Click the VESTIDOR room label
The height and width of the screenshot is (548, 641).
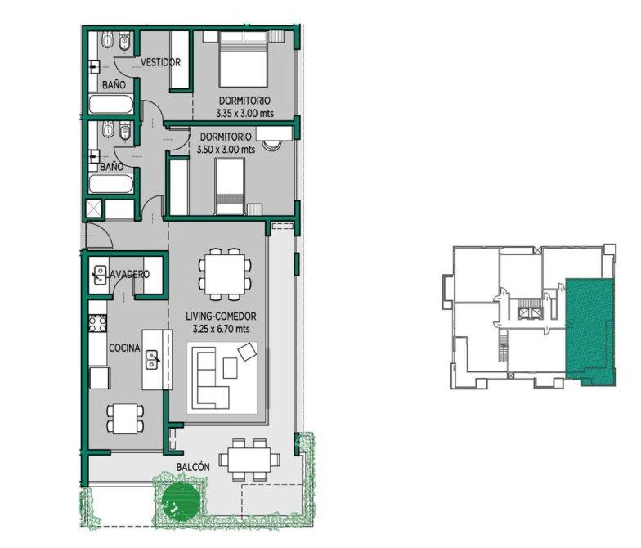click(160, 62)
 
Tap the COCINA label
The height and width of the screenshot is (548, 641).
click(124, 348)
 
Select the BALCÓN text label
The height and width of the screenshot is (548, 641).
click(193, 467)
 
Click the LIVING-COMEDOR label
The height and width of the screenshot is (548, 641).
click(221, 316)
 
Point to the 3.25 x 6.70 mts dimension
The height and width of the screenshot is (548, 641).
click(221, 329)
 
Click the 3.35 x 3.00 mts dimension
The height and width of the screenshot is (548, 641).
click(245, 113)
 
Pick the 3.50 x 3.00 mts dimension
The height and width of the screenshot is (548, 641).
click(226, 149)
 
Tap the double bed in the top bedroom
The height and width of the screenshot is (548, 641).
click(244, 60)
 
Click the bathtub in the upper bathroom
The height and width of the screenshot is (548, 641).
click(111, 105)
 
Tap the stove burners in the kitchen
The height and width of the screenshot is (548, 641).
click(98, 324)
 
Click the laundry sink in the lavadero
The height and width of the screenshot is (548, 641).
click(99, 275)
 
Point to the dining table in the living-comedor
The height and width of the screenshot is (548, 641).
click(226, 275)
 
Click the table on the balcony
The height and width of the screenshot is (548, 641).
click(249, 460)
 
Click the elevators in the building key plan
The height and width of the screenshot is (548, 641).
click(530, 313)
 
